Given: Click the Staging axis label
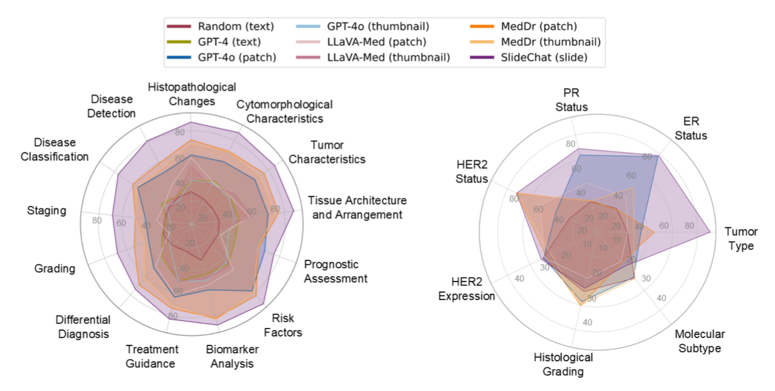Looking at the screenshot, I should pos(46,210).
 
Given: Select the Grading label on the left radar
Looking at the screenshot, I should pos(55,268).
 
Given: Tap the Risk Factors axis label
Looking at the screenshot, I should pos(283,325).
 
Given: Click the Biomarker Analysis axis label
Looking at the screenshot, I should pos(232,356).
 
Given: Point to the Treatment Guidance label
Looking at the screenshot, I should pos(151,356).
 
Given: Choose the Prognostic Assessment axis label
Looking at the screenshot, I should pos(335,271).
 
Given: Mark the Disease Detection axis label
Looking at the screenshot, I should pos(111,106).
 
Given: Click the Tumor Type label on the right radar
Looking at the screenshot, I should pos(741,238).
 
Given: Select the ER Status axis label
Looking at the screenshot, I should pos(690,128).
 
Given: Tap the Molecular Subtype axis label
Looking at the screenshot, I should pos(699,341).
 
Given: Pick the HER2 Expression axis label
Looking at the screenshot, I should pos(466,289).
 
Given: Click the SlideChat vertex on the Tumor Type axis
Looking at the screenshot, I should pos(710,232).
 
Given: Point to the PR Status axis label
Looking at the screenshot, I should pos(571,100).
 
